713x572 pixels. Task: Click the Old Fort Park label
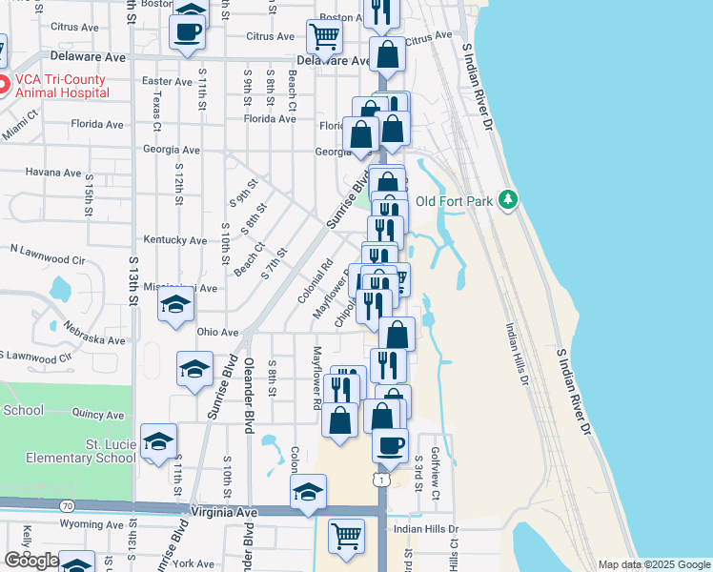click(x=452, y=201)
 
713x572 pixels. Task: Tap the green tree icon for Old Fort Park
click(x=509, y=198)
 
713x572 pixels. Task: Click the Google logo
click(x=31, y=561)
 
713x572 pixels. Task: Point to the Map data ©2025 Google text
click(x=653, y=565)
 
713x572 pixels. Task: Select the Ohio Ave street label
click(x=216, y=333)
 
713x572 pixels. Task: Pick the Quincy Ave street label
click(x=98, y=415)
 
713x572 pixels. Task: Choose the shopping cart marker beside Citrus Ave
click(x=324, y=37)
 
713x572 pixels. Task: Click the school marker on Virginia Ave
click(x=308, y=492)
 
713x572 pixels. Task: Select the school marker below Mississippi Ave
click(x=175, y=306)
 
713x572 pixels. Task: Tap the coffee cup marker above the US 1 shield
click(x=389, y=443)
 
